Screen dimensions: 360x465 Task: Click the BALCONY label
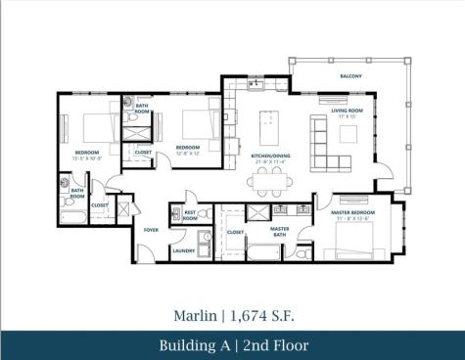(350, 76)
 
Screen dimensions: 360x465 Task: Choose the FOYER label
(151, 231)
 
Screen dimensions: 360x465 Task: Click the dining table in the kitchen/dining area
(270, 179)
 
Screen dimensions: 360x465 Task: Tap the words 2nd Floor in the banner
(275, 345)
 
